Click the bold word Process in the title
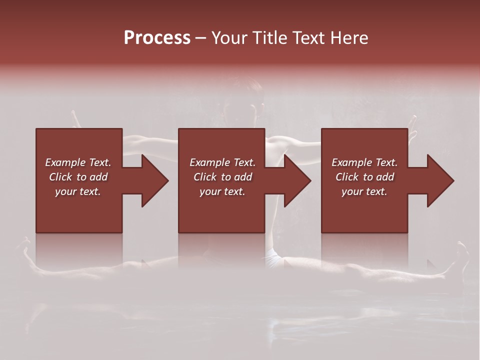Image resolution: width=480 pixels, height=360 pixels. point(157,38)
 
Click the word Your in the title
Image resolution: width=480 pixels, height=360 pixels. point(230,38)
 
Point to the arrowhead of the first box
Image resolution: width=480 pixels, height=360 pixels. point(153,180)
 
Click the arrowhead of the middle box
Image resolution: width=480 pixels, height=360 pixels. point(295,180)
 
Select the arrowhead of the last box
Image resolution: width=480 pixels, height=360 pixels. point(438,180)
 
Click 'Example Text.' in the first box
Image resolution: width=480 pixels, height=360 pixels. point(78,162)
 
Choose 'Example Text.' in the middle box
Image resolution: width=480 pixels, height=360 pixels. point(222,162)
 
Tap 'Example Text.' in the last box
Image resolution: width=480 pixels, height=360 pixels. point(364,162)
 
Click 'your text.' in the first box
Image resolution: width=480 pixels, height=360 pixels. point(78,191)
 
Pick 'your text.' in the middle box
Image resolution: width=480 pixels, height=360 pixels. point(222,191)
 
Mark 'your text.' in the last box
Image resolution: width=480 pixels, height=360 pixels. point(364,191)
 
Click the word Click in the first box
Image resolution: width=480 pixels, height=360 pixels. point(61,177)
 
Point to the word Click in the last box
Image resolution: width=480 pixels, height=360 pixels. point(347,177)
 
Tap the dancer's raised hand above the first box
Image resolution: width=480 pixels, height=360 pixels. point(75,119)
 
